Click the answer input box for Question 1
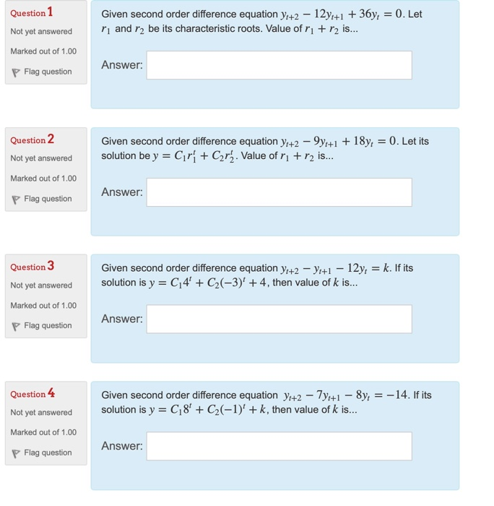[279, 65]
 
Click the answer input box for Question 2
[279, 192]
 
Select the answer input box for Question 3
[279, 319]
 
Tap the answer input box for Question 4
[279, 446]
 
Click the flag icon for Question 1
[15, 72]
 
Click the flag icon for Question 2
[15, 200]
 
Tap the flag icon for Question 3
[15, 326]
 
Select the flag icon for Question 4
[15, 453]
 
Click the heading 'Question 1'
[32, 12]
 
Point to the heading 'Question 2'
[32, 140]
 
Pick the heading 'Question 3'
[32, 267]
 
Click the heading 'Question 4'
[32, 394]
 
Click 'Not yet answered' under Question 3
[41, 286]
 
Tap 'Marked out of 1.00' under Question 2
[43, 179]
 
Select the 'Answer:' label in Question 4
[122, 446]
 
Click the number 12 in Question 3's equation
[350, 268]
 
